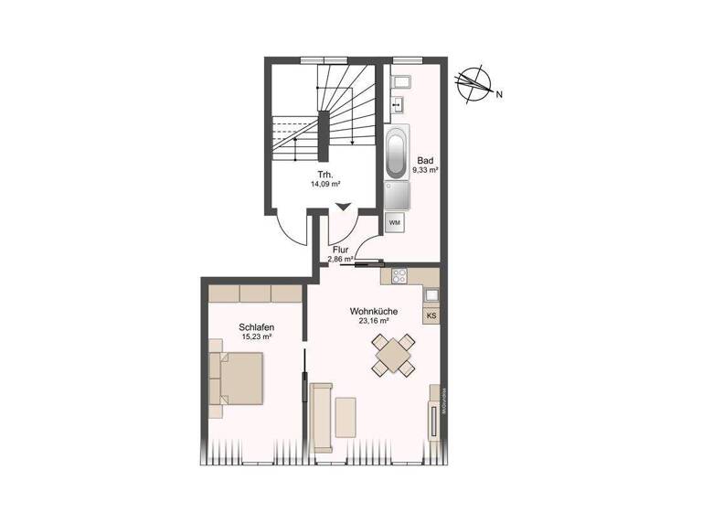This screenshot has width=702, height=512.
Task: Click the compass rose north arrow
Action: coord(474,81)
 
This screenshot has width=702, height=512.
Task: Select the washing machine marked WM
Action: coord(395,222)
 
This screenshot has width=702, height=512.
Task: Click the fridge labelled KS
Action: coord(431,315)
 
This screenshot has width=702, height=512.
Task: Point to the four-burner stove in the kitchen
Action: coord(399,275)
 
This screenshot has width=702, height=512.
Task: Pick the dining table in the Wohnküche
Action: coord(394,355)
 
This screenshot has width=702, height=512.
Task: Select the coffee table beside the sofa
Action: coord(346,417)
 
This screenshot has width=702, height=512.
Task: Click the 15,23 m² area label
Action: coord(257,337)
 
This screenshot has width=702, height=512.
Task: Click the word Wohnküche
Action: coord(373,311)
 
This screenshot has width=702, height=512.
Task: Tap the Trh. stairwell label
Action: coord(324,173)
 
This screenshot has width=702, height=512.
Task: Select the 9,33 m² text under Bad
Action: coord(427,170)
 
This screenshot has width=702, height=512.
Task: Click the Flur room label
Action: coord(342,249)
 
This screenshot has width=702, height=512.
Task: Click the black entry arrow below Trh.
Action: coord(343,208)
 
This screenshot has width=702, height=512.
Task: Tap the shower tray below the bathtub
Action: coord(397,195)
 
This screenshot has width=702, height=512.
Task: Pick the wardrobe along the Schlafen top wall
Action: coord(254,293)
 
